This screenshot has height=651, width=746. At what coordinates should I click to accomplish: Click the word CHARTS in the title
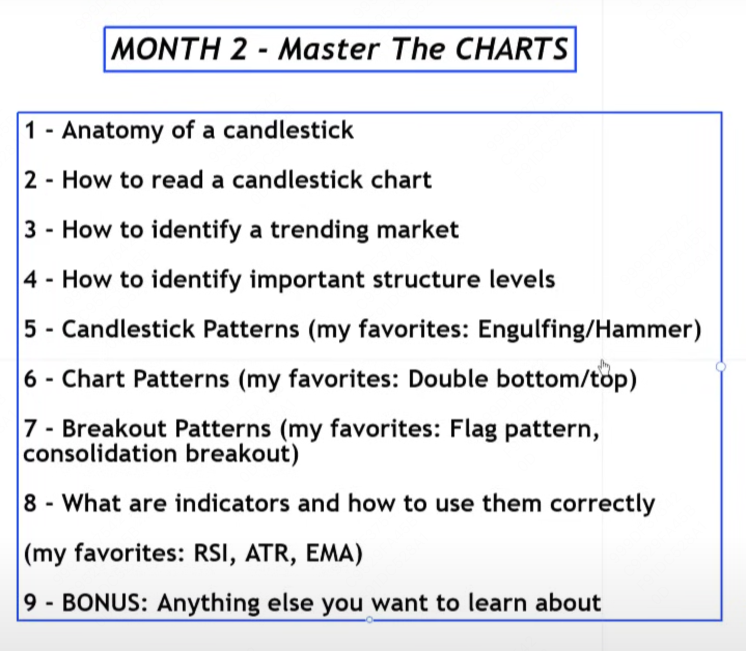(x=512, y=49)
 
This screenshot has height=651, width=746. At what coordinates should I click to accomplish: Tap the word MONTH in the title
(x=166, y=49)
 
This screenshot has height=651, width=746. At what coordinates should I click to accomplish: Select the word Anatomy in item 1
(x=113, y=131)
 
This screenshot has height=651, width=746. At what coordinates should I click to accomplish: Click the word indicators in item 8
(x=232, y=503)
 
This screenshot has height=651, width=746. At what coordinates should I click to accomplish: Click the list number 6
(x=30, y=379)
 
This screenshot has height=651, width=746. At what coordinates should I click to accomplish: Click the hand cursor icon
(x=604, y=367)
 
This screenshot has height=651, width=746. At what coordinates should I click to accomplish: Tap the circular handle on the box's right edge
(x=721, y=367)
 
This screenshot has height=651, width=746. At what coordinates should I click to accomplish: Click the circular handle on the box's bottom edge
(x=369, y=620)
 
